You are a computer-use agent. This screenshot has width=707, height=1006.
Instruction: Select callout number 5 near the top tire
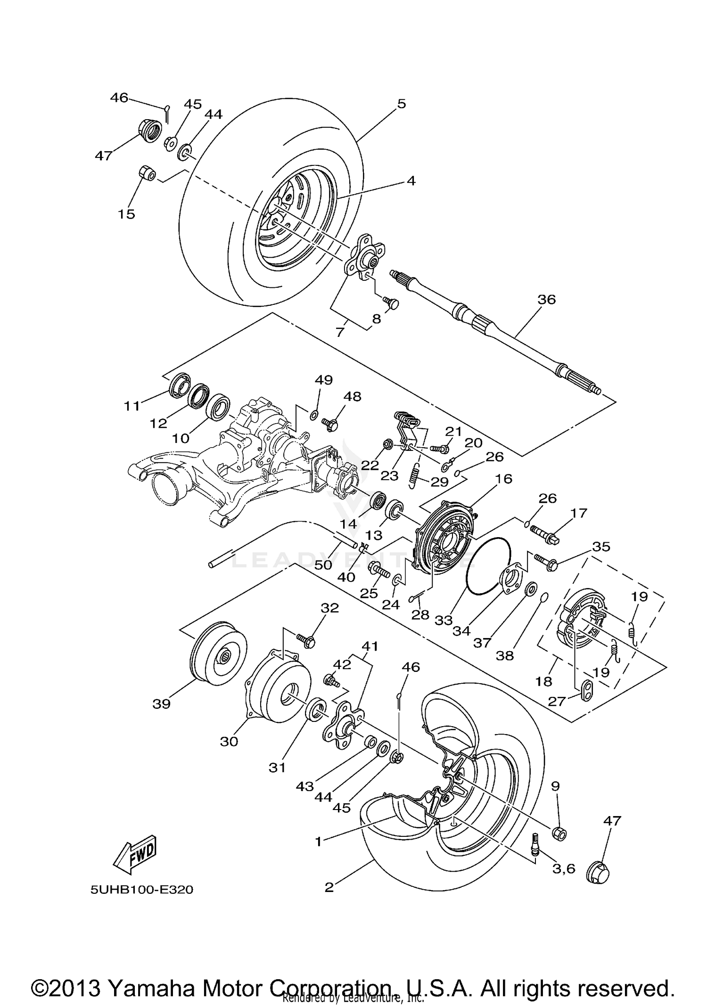(x=401, y=104)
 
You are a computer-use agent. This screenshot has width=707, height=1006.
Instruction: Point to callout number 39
(x=162, y=704)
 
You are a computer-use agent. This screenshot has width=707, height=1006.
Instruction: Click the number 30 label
(x=229, y=741)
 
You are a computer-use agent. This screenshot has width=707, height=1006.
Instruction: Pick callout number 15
(x=126, y=213)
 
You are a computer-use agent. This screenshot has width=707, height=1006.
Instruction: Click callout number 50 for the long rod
(x=323, y=564)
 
